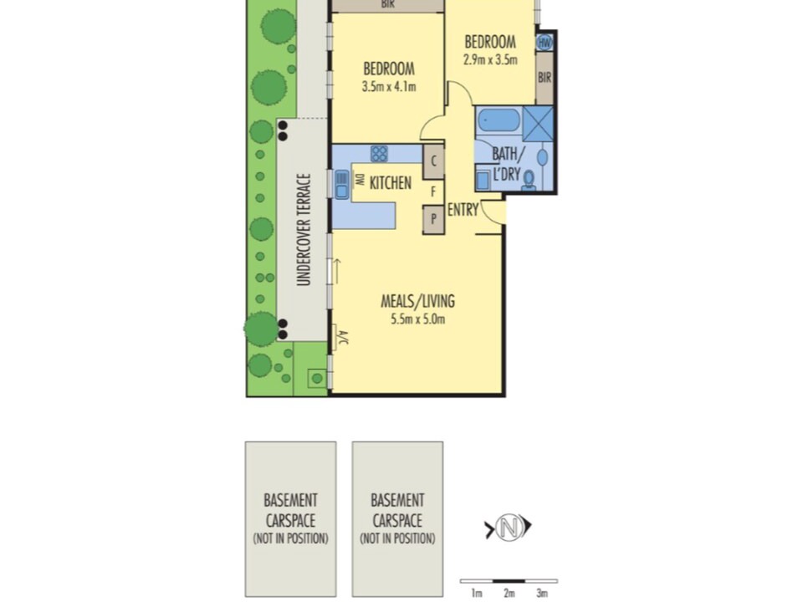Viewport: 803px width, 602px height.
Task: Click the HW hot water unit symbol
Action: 545,43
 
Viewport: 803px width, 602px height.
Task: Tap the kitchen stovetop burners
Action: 379,154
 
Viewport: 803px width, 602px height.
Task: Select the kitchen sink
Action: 341,185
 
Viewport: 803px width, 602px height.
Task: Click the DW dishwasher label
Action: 360,181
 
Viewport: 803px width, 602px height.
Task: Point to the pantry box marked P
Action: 433,219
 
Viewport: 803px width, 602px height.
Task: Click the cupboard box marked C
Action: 433,161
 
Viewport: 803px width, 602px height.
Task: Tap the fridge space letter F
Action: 433,192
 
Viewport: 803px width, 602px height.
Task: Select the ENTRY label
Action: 463,210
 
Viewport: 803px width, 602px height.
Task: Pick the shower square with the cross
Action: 538,124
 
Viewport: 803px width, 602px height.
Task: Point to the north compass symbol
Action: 508,527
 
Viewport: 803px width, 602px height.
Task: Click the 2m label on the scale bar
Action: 509,594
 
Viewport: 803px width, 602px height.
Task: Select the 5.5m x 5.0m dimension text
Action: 418,319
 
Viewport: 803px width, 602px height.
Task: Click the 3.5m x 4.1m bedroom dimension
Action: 389,86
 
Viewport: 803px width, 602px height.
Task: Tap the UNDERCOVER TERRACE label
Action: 304,230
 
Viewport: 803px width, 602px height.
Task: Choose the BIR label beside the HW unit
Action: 545,77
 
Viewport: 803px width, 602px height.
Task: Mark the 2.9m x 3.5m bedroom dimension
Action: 490,60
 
